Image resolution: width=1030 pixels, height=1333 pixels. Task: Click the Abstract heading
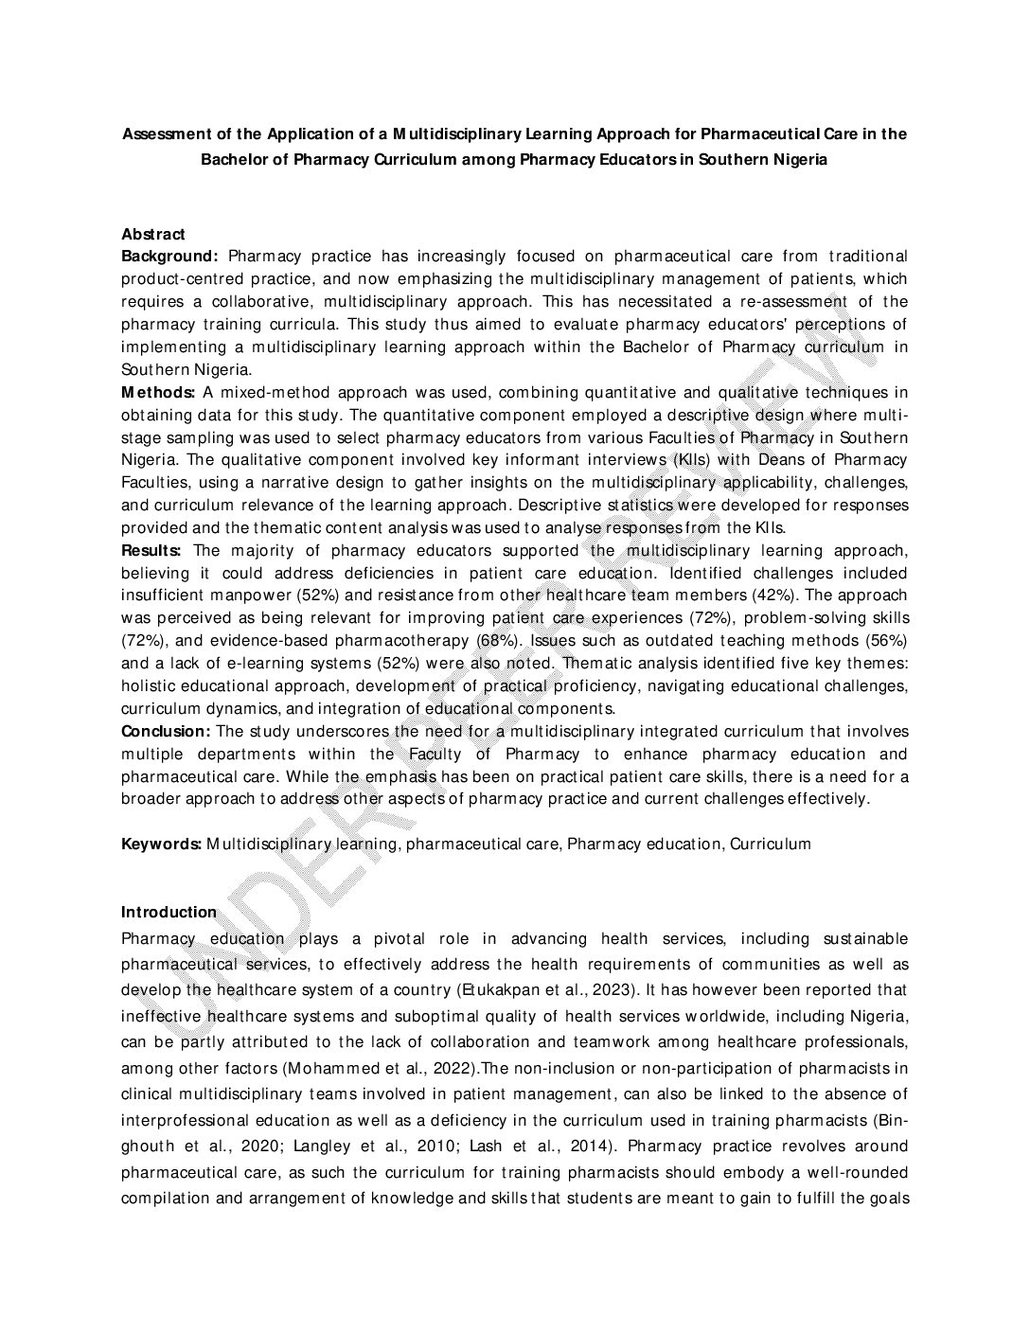(152, 234)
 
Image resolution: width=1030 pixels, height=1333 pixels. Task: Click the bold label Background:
(170, 257)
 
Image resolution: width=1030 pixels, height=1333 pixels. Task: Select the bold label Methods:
(158, 392)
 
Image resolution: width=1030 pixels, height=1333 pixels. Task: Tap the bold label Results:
(152, 550)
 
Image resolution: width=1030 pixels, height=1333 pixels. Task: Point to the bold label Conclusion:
(166, 731)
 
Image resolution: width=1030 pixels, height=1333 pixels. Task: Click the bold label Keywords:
(161, 844)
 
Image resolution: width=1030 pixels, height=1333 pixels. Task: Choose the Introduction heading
(169, 912)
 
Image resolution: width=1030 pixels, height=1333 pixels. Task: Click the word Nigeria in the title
(800, 159)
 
